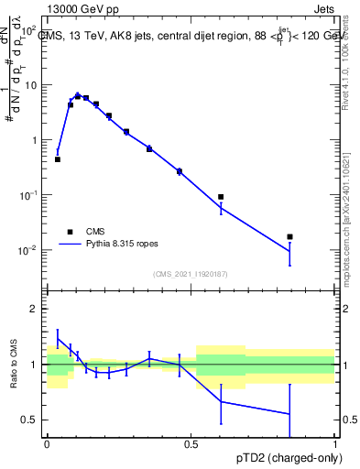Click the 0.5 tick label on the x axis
coord(191,442)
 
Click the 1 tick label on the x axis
coord(335,442)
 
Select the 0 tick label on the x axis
coord(47,442)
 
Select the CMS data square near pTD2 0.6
coord(221,197)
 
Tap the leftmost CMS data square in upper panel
coord(58,159)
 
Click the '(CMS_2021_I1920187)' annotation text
coord(191,274)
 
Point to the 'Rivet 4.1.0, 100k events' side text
coord(352,55)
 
